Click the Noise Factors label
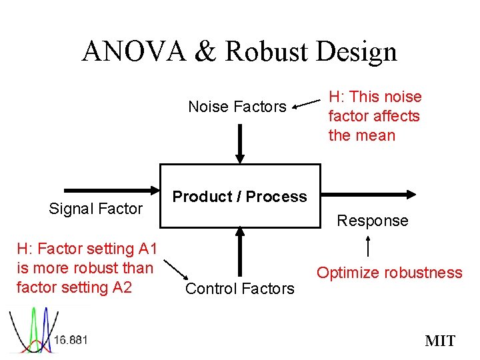click(237, 107)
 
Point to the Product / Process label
click(239, 197)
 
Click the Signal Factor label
click(96, 209)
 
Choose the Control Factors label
click(239, 289)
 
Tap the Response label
click(373, 221)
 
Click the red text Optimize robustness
click(389, 273)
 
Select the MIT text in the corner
click(440, 341)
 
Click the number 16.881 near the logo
click(71, 340)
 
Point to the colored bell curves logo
click(31, 330)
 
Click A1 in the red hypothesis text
click(146, 249)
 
